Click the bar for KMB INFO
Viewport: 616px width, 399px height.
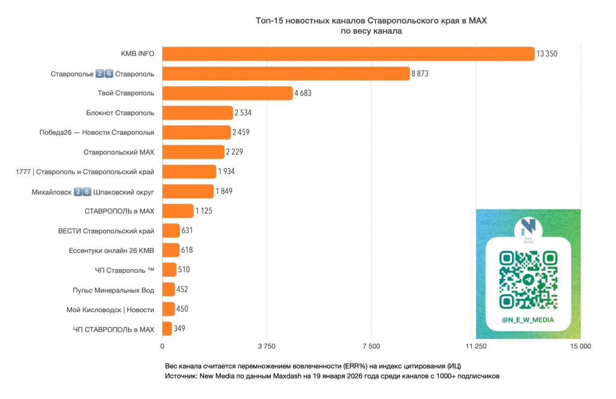tap(348, 54)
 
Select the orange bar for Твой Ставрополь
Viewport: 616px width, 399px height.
tap(227, 93)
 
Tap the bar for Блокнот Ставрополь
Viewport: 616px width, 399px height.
tap(197, 113)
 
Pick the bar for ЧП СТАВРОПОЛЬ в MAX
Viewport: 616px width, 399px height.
tap(167, 329)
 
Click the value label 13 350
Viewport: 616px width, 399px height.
tap(547, 54)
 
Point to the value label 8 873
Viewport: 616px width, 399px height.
tap(420, 74)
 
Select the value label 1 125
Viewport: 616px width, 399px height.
tap(204, 211)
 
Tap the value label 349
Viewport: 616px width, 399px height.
tap(180, 329)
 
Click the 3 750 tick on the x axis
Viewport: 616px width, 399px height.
tap(267, 346)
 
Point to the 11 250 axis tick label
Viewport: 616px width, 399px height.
tap(476, 346)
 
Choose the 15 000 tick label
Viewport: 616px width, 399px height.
tap(580, 346)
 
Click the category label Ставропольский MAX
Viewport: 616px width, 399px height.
tap(119, 152)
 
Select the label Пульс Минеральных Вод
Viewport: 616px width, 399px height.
tap(114, 290)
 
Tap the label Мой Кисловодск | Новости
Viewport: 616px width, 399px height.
tap(110, 310)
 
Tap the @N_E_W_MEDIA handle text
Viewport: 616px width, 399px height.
tap(528, 319)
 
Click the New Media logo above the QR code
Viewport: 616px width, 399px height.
tap(528, 229)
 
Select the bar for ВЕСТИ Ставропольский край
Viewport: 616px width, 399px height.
tap(171, 231)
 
